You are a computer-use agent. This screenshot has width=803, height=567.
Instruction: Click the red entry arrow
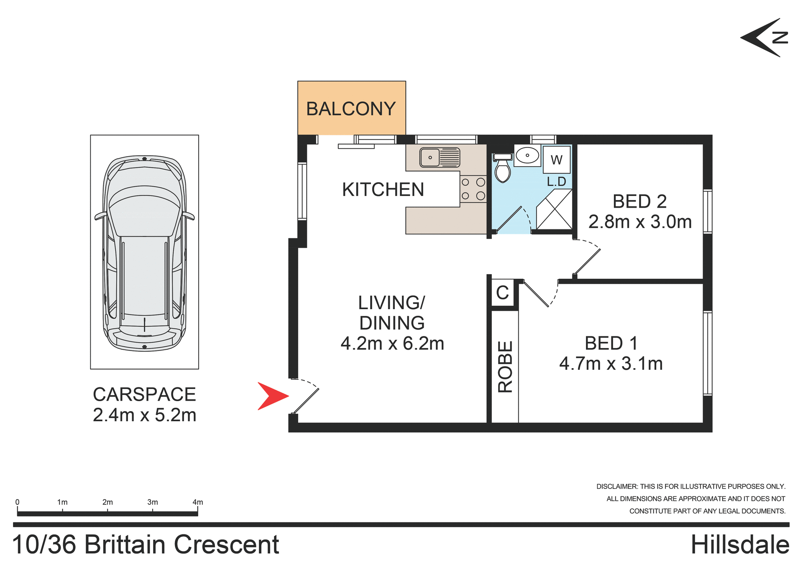click(271, 396)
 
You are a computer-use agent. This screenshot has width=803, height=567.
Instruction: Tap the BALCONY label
click(350, 109)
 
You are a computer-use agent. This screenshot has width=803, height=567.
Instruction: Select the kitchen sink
click(440, 158)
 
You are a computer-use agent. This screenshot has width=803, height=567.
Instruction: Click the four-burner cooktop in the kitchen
click(473, 189)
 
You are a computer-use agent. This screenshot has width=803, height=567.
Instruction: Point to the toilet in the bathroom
click(502, 169)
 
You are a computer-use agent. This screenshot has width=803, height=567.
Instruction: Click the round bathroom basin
click(527, 155)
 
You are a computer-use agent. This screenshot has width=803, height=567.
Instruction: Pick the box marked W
click(556, 160)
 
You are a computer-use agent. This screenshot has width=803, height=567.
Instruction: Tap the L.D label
click(556, 181)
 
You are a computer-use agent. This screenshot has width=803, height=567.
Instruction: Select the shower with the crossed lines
click(554, 209)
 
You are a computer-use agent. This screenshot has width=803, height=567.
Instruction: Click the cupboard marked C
click(502, 292)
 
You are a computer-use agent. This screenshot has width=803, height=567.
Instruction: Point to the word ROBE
click(505, 366)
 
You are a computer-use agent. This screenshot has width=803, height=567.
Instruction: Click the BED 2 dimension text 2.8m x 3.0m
click(640, 222)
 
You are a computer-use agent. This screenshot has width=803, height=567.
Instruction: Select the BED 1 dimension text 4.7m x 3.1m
click(611, 364)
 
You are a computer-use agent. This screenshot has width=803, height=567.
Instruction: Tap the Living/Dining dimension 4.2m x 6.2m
click(392, 343)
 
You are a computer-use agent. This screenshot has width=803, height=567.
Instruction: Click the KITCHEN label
click(383, 190)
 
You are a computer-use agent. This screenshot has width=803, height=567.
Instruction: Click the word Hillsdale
click(739, 545)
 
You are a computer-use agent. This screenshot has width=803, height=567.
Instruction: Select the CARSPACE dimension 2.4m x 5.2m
click(144, 415)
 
